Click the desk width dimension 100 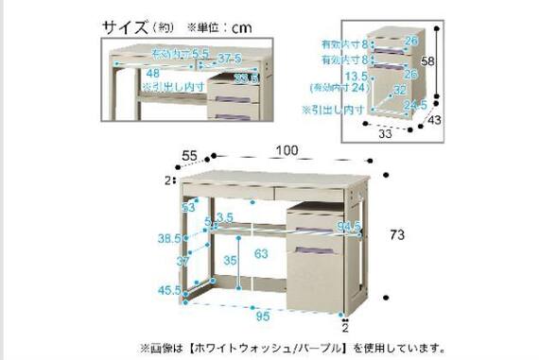287,149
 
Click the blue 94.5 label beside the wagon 349,227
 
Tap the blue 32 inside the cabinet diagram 399,91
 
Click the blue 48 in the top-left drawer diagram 151,72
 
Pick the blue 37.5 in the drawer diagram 229,60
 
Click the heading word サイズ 127,26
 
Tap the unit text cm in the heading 243,26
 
